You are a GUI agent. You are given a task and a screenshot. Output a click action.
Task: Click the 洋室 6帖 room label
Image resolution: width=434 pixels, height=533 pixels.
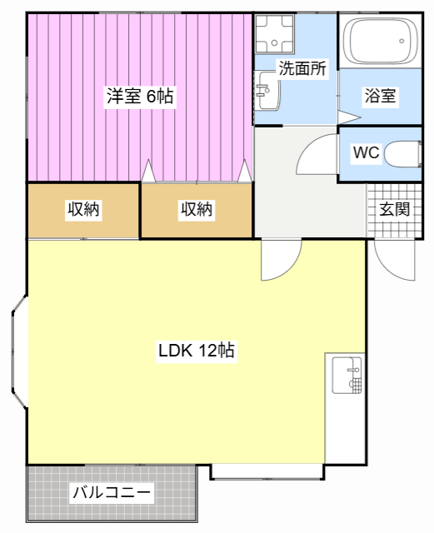[x=139, y=97]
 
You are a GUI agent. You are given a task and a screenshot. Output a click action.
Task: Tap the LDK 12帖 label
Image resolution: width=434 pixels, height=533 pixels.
[x=197, y=351]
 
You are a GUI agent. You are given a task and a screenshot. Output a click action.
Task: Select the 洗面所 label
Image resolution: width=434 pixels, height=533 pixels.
[x=302, y=70]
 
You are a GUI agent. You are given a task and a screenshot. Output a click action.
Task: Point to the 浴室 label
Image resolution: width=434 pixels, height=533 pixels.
[x=380, y=96]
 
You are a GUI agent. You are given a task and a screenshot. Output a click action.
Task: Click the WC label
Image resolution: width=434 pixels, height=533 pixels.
[x=367, y=153]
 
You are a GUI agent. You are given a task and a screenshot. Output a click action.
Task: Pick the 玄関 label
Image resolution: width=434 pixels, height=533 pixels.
[x=395, y=209]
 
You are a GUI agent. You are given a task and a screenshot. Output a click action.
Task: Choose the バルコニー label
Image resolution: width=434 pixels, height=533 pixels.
[x=112, y=492]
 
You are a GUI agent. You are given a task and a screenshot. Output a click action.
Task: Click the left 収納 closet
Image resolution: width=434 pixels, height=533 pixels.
[x=83, y=210]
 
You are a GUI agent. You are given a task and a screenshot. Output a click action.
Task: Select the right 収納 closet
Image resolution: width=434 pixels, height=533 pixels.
[x=197, y=210]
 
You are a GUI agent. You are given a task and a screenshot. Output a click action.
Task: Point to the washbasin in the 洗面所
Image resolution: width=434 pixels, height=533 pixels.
[x=266, y=89]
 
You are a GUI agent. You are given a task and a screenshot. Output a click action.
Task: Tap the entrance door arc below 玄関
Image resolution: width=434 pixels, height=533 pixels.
[x=394, y=260]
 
